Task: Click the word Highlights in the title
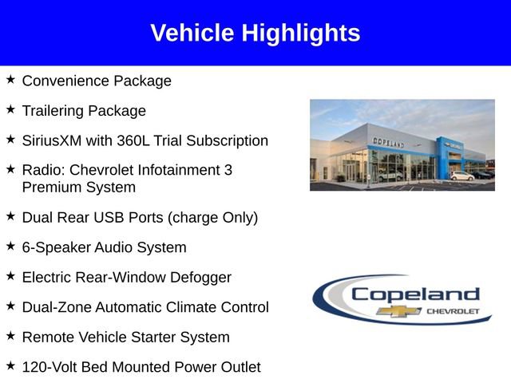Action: point(301,34)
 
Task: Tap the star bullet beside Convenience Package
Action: point(10,80)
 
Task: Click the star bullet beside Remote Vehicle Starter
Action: point(10,336)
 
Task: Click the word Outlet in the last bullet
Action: point(238,367)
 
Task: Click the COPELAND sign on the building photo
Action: point(388,142)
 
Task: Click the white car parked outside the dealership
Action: point(461,175)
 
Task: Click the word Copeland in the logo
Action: point(415,293)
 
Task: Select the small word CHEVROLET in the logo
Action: point(453,310)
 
